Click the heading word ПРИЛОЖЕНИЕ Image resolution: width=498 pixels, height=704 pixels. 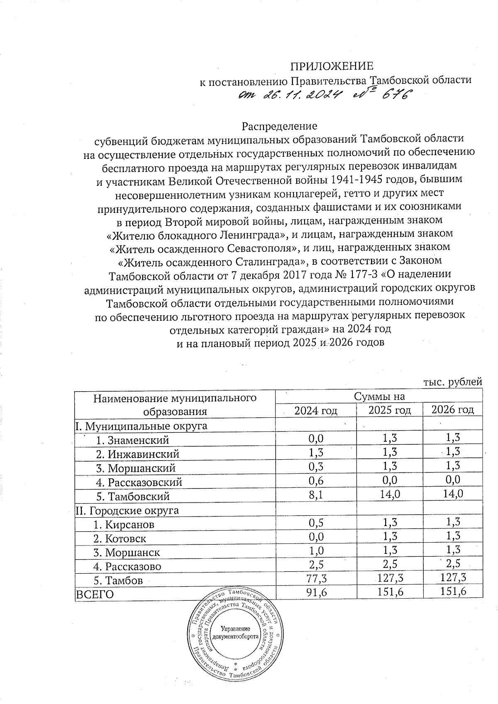point(331,66)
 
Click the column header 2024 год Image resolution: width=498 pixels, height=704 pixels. point(315,411)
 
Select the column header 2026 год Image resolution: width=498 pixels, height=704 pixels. point(452,410)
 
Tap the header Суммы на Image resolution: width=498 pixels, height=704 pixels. point(379,397)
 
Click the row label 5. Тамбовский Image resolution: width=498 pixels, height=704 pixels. point(133,496)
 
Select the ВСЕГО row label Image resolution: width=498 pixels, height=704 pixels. point(94,594)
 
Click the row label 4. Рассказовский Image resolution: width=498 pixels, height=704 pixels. point(139,482)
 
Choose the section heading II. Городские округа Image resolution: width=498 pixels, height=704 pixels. point(127,510)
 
